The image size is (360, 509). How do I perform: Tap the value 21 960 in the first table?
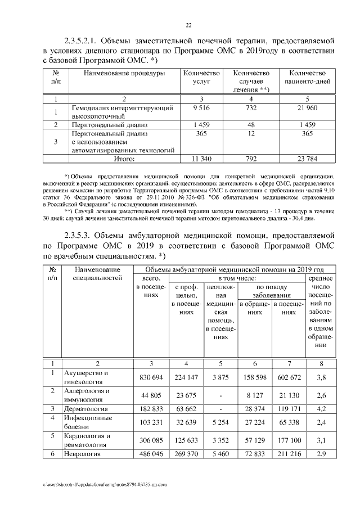point(307,107)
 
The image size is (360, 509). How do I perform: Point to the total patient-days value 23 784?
point(307,159)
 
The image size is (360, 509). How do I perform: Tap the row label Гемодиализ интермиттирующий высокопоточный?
point(117,111)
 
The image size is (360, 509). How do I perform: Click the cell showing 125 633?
point(185,440)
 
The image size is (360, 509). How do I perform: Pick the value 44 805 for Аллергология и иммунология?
point(148,395)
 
